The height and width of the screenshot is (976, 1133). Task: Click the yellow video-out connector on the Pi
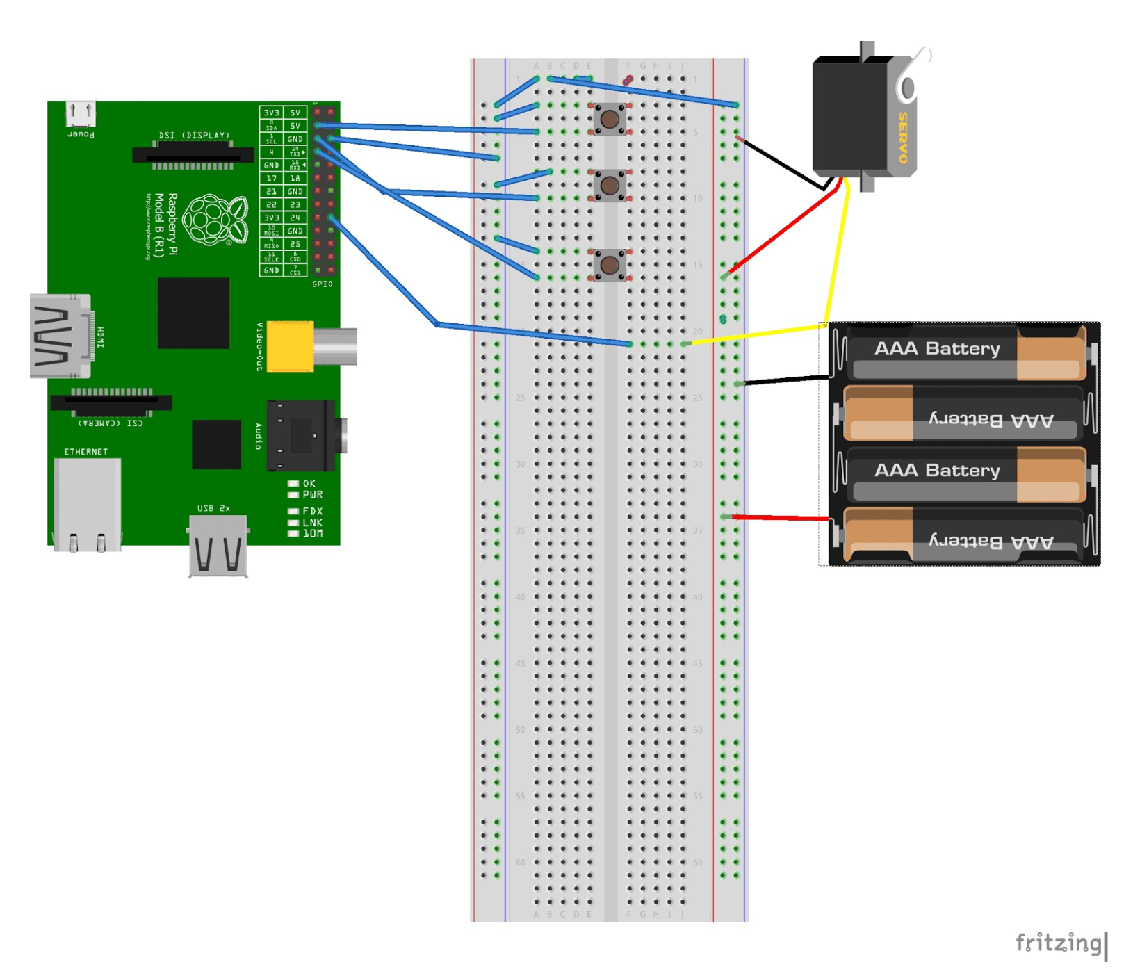click(x=291, y=345)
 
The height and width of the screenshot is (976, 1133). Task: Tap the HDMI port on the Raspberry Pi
click(x=60, y=336)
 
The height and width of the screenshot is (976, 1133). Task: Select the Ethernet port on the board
click(x=87, y=504)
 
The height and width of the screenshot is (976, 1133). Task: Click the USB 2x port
click(x=218, y=546)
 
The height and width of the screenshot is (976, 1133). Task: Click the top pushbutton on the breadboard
click(x=610, y=119)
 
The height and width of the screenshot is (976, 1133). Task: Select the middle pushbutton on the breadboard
click(x=610, y=185)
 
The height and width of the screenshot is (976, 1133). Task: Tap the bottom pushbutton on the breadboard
click(x=610, y=265)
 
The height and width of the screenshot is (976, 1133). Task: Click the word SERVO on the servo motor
click(x=903, y=137)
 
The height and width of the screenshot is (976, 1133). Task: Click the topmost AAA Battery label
click(x=936, y=348)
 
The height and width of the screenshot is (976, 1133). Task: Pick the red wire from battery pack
click(x=779, y=517)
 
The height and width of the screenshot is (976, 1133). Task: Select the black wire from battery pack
click(x=785, y=380)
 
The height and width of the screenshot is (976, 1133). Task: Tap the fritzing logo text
click(x=1058, y=943)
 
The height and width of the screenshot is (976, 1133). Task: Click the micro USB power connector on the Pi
click(x=81, y=112)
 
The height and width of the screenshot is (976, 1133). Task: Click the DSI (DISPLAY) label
click(x=194, y=135)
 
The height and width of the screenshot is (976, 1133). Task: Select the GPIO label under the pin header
click(x=322, y=284)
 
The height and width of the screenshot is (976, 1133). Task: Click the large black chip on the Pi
click(x=193, y=313)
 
